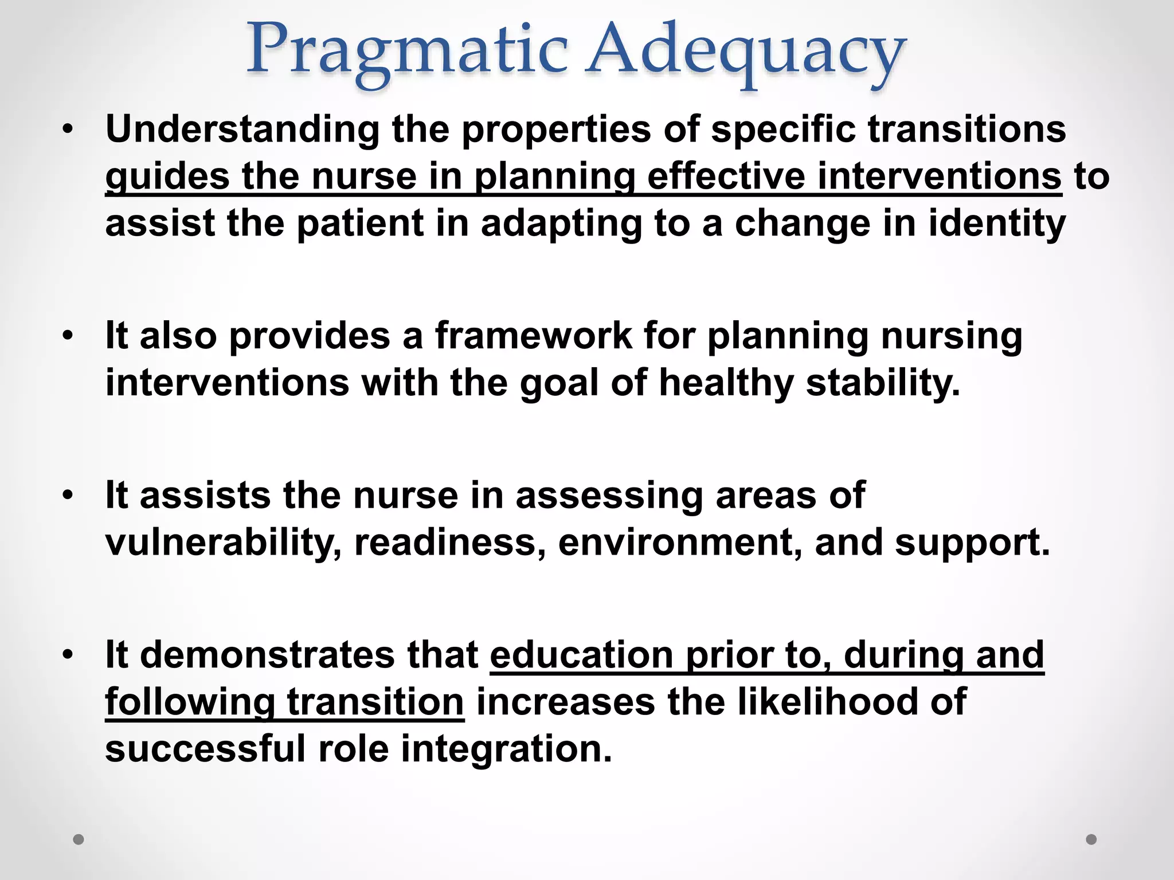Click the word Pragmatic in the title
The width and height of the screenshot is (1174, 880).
[x=407, y=52]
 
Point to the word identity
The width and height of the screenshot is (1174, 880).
[x=997, y=223]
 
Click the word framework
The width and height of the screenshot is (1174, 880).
[x=533, y=336]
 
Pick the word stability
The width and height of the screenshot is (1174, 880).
[x=883, y=383]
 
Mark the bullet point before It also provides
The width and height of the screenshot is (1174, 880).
[x=68, y=336]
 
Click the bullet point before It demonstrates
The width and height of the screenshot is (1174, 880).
[x=68, y=655]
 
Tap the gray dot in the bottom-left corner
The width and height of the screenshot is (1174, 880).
[x=79, y=839]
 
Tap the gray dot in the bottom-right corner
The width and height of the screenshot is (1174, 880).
[x=1091, y=839]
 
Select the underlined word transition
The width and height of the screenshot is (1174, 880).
[x=375, y=702]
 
